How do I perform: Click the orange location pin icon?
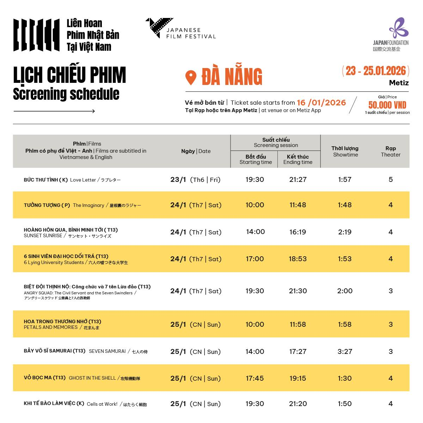point(191,78)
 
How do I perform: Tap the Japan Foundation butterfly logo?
point(399,28)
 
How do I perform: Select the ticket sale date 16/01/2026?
point(321,103)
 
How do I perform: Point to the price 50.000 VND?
point(387,105)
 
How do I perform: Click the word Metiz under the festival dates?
point(399,83)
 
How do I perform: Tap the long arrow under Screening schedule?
point(54,111)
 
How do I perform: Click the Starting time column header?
point(256,159)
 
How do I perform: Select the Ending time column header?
point(298,159)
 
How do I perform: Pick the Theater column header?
point(391,152)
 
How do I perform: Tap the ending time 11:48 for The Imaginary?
point(298,205)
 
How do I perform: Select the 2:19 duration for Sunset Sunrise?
point(345,232)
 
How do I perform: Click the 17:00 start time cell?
point(255,259)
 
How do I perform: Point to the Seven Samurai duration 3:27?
point(345,351)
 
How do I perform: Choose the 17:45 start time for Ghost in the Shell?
point(255,378)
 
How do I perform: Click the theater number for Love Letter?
point(391,179)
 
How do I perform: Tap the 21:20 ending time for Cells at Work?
point(298,404)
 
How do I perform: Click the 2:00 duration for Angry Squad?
point(345,291)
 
